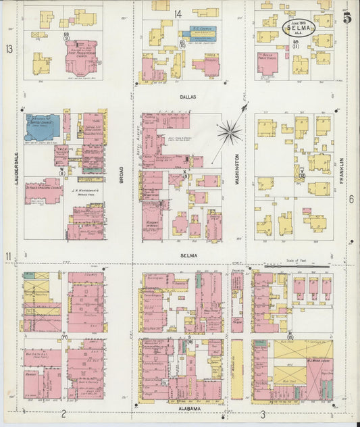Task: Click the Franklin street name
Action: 342,170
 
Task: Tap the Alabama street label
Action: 189,409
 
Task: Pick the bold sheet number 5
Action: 346,18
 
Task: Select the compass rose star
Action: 230,132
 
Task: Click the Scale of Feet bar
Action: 297,266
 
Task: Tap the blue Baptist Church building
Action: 42,127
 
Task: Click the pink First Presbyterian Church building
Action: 81,57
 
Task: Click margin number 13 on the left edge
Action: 9,49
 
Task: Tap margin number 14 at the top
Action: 178,14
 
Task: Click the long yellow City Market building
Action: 237,369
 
